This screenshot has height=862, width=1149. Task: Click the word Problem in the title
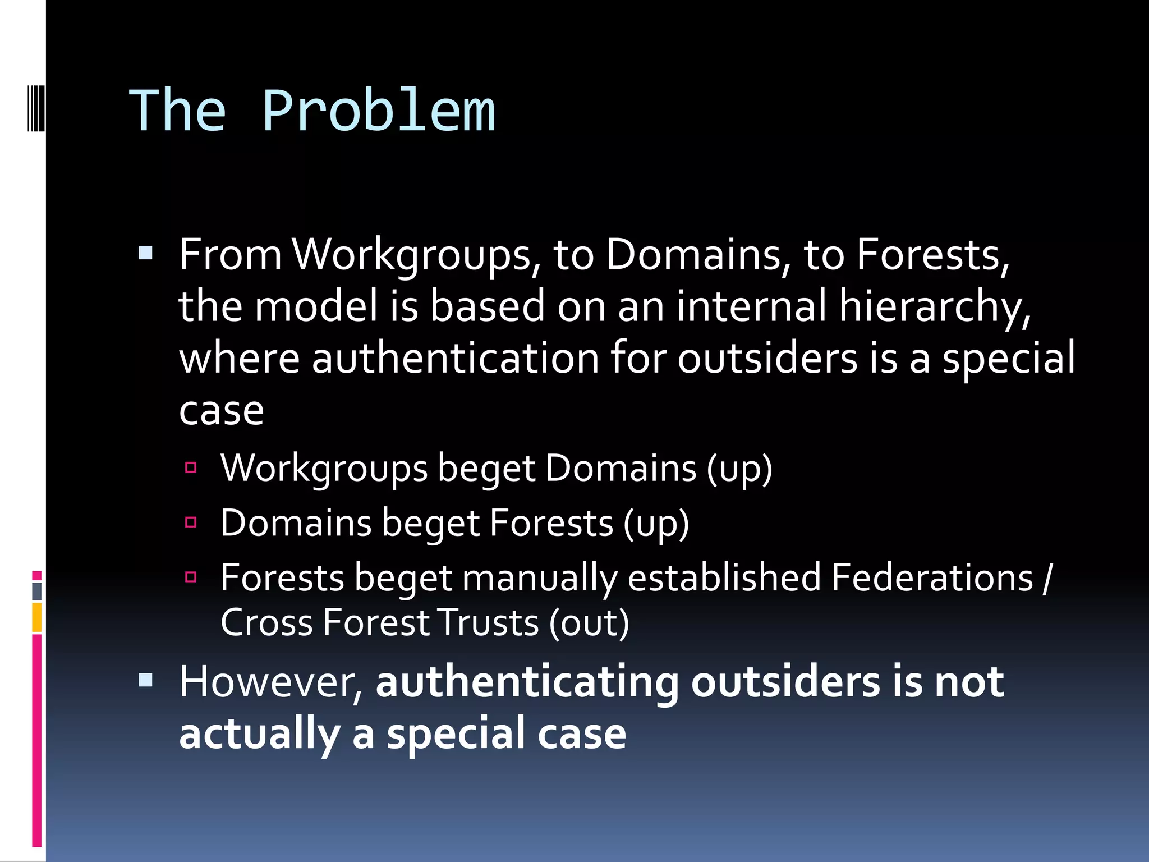pos(379,112)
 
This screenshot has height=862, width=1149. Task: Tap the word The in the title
pos(178,112)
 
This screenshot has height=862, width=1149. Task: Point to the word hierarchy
pos(935,308)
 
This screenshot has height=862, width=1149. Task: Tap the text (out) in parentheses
pos(589,623)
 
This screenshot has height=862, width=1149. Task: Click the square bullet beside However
pos(146,680)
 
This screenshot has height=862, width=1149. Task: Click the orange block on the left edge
pos(36,617)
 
